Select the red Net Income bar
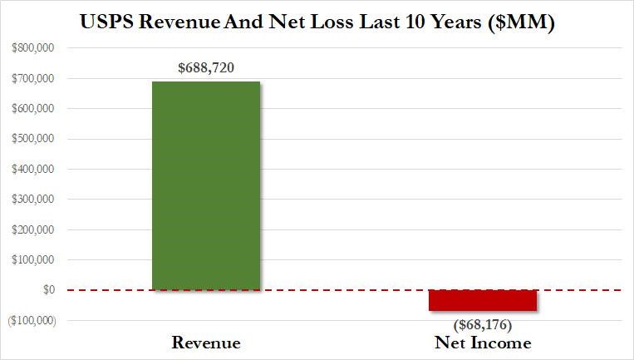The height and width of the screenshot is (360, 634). pos(482,300)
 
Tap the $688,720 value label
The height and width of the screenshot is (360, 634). pos(207,67)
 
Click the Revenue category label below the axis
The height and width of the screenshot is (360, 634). pos(206,343)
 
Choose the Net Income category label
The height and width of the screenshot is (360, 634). pos(484,343)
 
